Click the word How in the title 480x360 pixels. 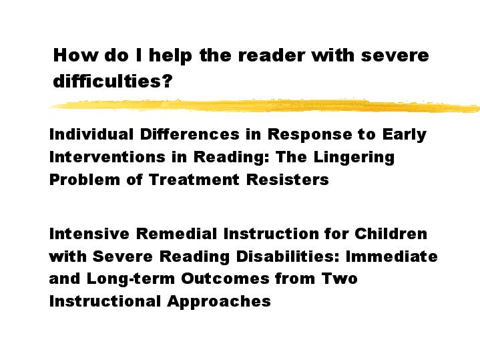75,55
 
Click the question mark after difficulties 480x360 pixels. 168,81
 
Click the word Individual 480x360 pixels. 91,134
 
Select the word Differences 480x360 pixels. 190,134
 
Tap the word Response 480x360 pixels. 310,135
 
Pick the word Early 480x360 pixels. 404,135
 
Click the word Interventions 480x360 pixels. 107,157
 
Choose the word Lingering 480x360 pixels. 354,158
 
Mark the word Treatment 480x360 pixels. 194,180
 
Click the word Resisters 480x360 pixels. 288,180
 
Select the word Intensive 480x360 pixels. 89,234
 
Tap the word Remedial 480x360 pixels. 176,234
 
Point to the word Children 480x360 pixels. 391,234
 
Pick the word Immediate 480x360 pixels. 391,256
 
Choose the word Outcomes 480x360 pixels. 225,279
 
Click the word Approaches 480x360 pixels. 219,302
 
